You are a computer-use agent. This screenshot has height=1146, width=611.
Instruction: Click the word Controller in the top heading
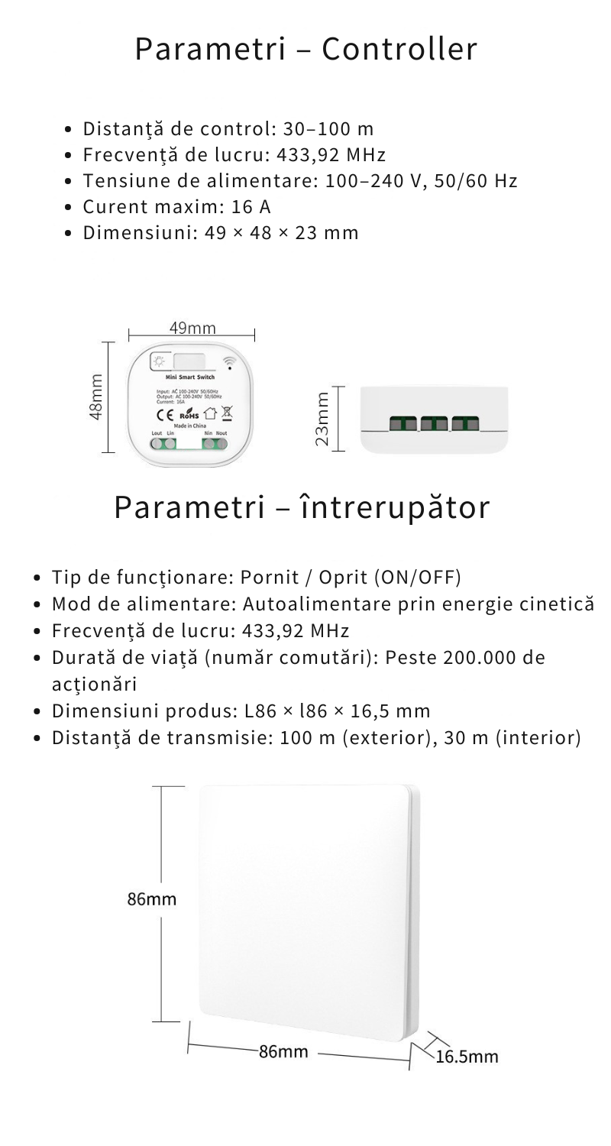point(399,50)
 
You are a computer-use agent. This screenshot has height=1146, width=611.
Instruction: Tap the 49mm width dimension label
point(192,329)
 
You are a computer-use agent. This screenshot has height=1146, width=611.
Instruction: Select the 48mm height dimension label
point(95,397)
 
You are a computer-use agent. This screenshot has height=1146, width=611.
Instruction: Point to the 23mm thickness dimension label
point(323,418)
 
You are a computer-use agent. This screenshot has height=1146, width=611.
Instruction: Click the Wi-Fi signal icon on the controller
point(229,361)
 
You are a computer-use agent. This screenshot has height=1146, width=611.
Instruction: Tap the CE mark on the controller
point(166,416)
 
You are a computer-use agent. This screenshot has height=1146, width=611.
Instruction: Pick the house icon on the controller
point(210,415)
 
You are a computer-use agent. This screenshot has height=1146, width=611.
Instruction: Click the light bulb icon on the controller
point(160,361)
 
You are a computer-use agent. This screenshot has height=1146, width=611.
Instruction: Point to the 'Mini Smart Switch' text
point(190,377)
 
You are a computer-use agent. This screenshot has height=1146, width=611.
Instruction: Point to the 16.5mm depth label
point(467,1057)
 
